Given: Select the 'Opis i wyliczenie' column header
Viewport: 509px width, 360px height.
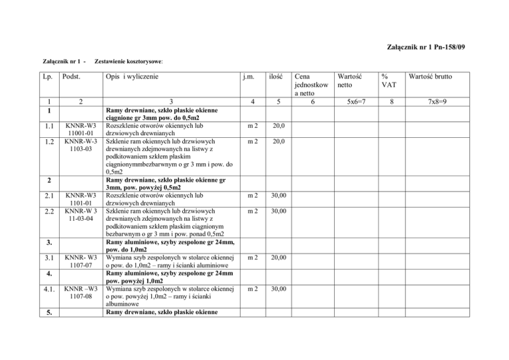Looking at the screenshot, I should [x=139, y=77].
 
